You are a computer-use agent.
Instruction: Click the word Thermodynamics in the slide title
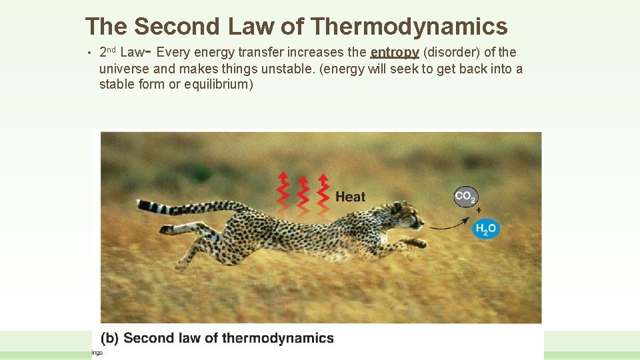[409, 27]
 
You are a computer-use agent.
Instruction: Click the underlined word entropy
[395, 53]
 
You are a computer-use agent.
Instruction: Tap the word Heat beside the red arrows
[350, 197]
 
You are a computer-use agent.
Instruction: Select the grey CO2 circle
[465, 197]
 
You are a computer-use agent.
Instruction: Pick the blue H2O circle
[485, 229]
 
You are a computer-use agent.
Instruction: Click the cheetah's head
[405, 217]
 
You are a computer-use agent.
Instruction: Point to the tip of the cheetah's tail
[141, 204]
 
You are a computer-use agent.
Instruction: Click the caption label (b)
[110, 338]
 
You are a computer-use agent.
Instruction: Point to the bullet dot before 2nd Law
[88, 53]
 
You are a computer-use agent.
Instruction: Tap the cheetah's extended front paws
[417, 245]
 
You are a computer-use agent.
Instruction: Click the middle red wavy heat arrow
[303, 191]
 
